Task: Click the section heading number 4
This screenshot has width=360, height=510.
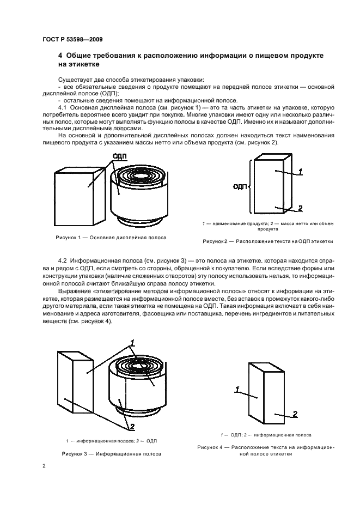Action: tap(60, 56)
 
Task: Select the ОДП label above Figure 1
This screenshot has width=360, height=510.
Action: tap(119, 156)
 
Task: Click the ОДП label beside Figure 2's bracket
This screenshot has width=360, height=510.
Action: tap(239, 186)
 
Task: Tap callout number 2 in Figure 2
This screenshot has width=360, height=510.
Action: tap(300, 208)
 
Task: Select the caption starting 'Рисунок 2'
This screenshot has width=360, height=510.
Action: tap(267, 241)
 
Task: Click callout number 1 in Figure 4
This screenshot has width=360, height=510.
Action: tap(237, 388)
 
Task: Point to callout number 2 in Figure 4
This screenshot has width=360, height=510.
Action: tap(295, 414)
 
